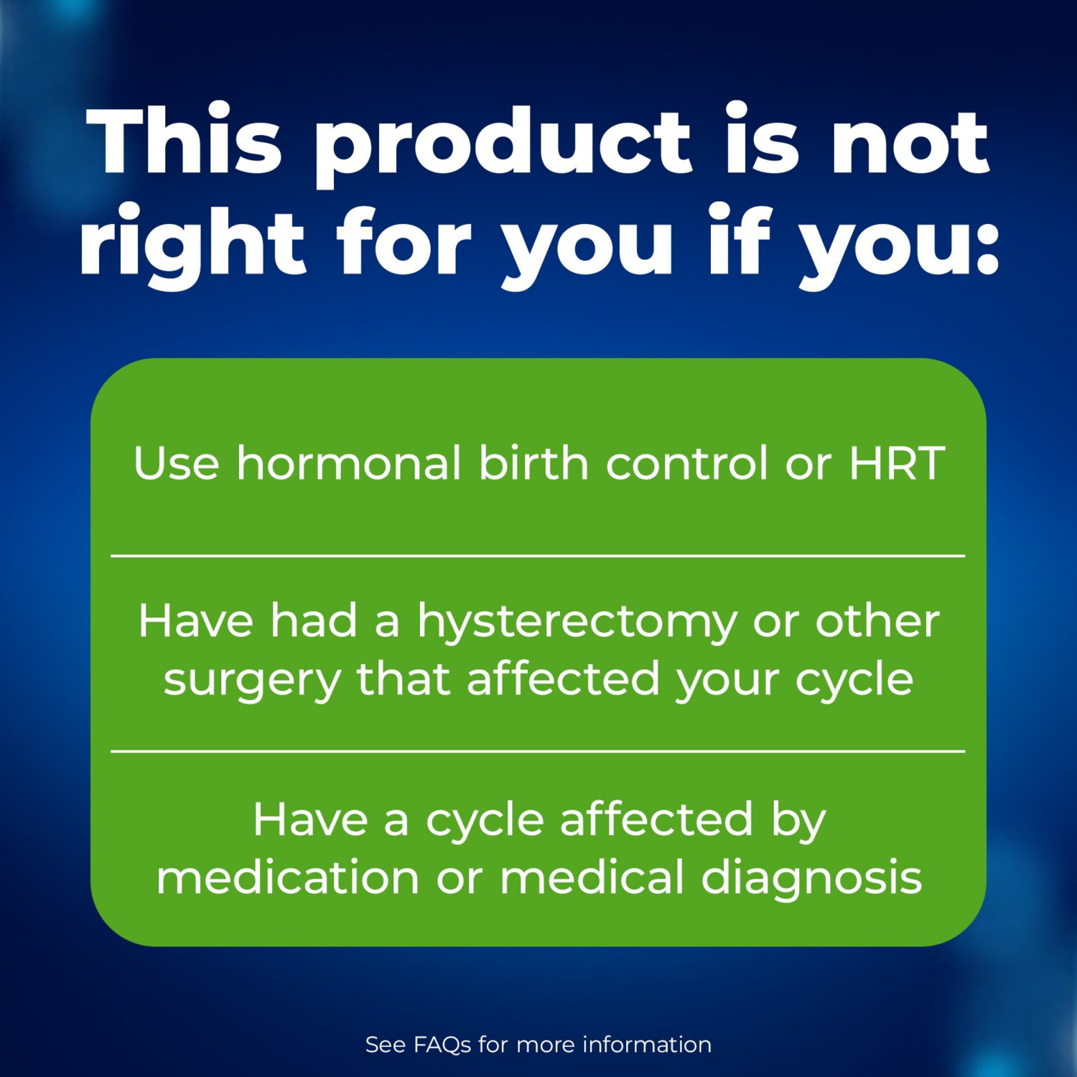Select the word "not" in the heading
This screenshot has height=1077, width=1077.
point(910,144)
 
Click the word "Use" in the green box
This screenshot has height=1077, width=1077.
point(176,463)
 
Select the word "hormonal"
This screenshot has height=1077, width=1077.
point(349,463)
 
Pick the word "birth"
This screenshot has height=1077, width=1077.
point(533,463)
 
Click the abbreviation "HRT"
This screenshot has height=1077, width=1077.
point(897,463)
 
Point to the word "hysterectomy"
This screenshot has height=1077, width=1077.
point(577,623)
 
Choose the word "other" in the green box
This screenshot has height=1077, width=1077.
point(877,621)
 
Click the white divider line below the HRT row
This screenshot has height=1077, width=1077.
point(538,556)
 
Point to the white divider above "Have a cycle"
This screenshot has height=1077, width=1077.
point(538,751)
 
